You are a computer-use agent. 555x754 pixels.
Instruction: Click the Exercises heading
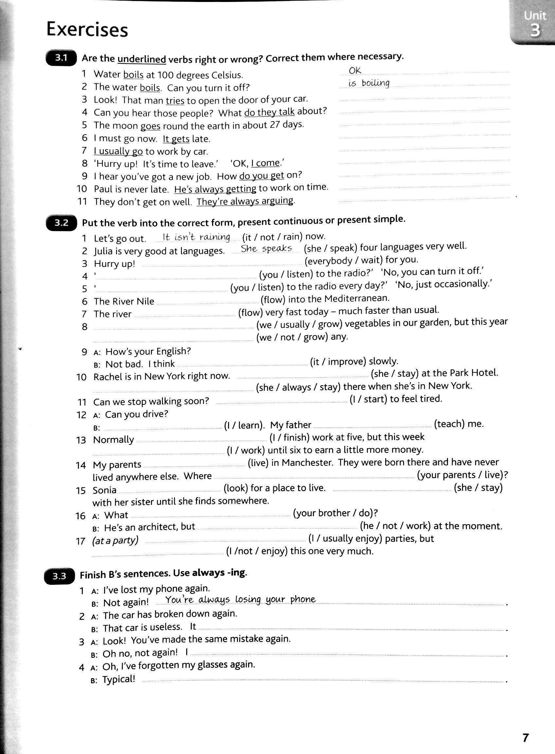pos(87,29)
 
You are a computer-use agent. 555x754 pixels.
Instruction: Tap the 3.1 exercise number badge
pos(61,58)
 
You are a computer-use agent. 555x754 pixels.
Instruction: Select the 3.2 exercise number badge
pos(62,223)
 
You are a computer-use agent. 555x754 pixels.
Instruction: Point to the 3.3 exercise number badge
pos(60,577)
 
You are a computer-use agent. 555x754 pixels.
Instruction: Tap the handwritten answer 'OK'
pos(355,70)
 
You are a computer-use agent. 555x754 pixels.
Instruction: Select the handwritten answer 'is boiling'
pos(369,83)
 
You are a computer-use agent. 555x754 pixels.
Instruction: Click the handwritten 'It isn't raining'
pos(196,237)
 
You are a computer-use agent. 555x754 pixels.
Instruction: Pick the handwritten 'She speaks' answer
pos(266,249)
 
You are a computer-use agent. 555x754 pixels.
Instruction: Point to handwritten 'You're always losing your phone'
pos(241,600)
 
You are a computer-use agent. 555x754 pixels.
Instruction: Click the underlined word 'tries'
pos(175,100)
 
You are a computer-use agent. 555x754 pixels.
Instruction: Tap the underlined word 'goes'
pos(151,126)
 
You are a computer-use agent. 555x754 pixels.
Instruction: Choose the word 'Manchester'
pos(307,463)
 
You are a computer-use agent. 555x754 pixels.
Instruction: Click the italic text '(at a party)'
pos(115,540)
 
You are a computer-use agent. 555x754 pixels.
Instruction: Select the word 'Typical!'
pos(118,679)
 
